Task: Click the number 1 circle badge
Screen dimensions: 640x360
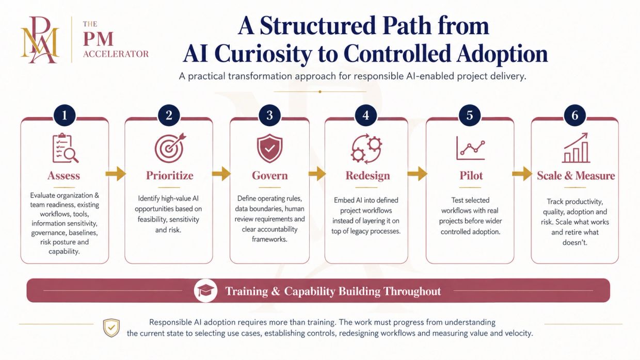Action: (65, 116)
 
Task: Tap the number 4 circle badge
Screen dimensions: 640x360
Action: (366, 116)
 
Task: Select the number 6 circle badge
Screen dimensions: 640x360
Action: (575, 116)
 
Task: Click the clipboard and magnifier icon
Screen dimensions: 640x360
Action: (66, 148)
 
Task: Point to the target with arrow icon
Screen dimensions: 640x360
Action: (170, 148)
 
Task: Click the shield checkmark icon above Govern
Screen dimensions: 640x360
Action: (269, 149)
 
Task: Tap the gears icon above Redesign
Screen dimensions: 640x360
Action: (366, 149)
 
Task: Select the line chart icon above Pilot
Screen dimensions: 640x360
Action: (471, 148)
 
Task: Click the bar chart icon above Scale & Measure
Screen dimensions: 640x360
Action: (576, 148)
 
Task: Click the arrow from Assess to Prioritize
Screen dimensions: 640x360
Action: (116, 174)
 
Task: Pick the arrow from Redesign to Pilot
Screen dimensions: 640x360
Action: (417, 174)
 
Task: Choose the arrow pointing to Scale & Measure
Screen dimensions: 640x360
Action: (522, 174)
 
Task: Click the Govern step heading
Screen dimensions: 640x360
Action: (270, 175)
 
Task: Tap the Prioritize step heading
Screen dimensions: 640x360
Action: (170, 175)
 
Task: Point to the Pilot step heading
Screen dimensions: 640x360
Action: (471, 175)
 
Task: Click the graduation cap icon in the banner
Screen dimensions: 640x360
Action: (205, 290)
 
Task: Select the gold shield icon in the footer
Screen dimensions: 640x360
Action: (111, 328)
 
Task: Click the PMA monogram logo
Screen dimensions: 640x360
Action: (40, 40)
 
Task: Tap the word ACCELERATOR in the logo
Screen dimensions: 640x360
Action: (116, 54)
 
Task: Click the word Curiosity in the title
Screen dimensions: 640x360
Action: (263, 54)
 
